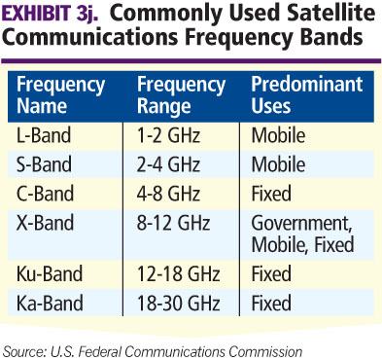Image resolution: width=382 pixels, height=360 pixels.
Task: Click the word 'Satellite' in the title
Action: pyautogui.click(x=326, y=18)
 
